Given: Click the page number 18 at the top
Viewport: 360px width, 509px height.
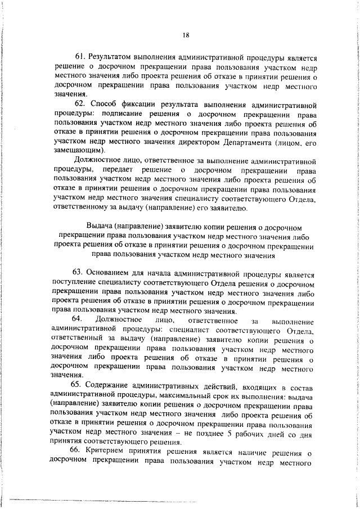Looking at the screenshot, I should pos(186,35).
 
